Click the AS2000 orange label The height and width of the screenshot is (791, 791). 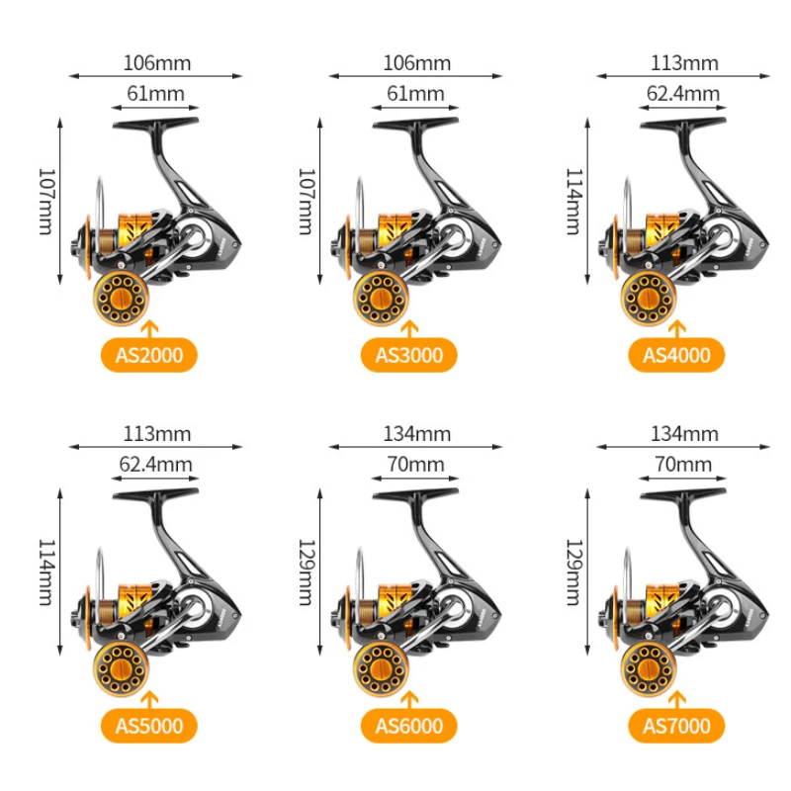(x=148, y=355)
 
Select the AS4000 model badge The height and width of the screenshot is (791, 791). (x=676, y=355)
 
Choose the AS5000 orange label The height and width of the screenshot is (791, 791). (x=148, y=727)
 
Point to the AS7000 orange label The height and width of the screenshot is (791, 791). (x=676, y=727)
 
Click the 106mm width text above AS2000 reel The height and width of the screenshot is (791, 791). (x=157, y=63)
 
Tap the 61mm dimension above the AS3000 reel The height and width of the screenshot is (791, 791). (x=415, y=94)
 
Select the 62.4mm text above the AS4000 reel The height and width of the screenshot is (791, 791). (x=683, y=94)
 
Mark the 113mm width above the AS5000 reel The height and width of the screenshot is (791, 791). (x=157, y=434)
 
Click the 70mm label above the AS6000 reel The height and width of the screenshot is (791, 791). (x=415, y=465)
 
